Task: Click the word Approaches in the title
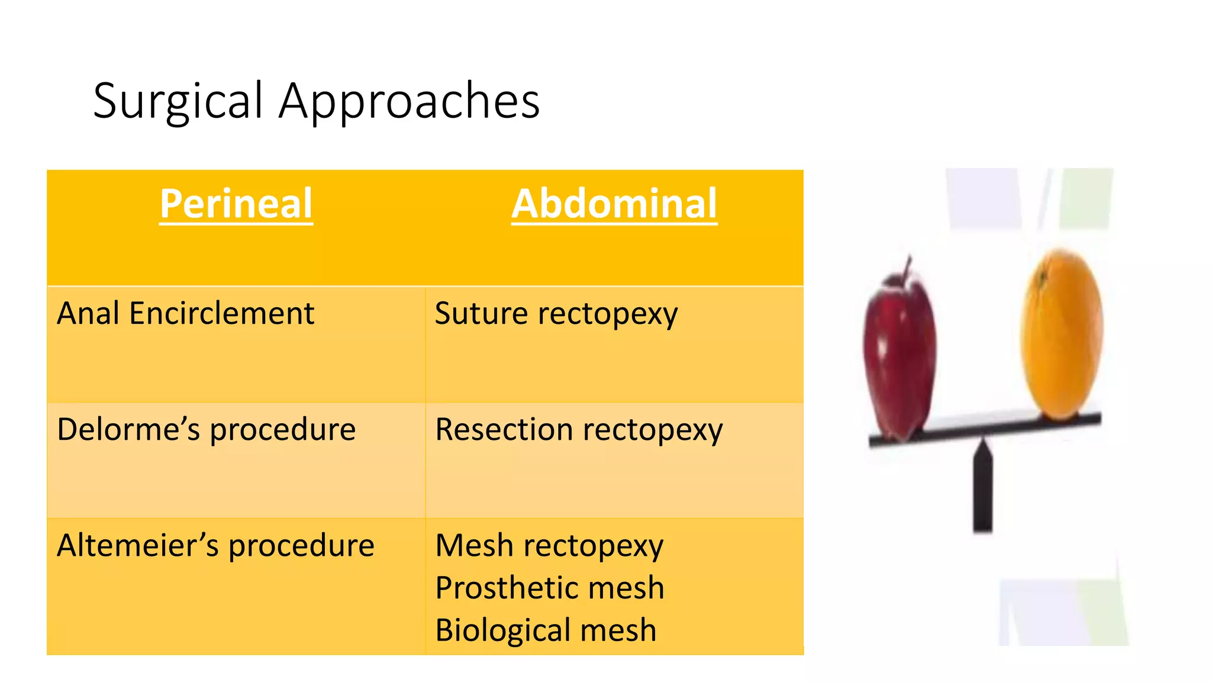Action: click(409, 102)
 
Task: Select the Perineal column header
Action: click(236, 204)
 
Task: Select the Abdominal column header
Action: click(614, 204)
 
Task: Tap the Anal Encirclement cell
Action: click(185, 313)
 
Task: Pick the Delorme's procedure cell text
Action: click(206, 429)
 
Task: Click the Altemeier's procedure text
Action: click(215, 545)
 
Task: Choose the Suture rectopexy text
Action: click(556, 313)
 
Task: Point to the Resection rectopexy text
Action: click(579, 429)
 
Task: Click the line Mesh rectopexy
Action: click(549, 545)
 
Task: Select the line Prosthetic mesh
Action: click(550, 588)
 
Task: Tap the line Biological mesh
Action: click(546, 630)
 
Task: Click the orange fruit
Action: click(1062, 334)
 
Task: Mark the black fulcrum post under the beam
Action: click(983, 491)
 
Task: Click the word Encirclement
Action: click(222, 313)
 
